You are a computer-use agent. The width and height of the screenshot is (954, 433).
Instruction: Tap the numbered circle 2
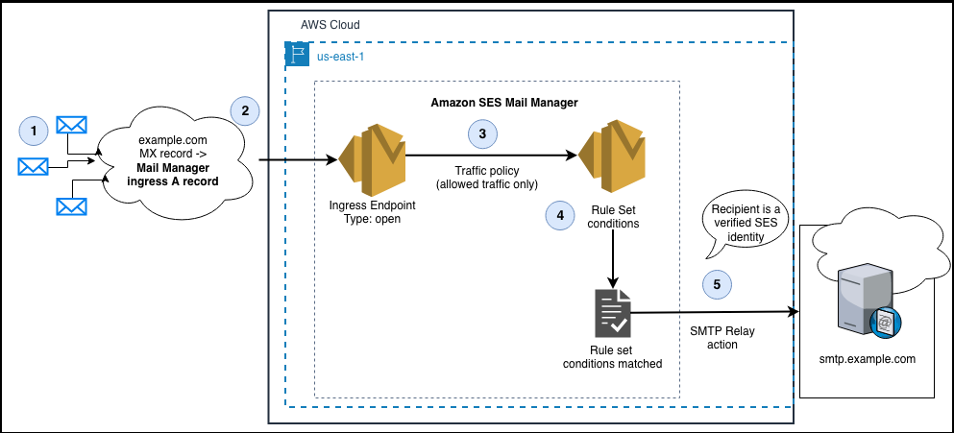(245, 110)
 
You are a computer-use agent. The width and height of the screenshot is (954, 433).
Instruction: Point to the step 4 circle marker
(560, 215)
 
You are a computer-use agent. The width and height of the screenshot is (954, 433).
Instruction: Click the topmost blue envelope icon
(71, 125)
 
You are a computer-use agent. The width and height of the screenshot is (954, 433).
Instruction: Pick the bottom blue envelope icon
(71, 205)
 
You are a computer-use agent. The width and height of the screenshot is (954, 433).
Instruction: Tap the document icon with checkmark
(612, 312)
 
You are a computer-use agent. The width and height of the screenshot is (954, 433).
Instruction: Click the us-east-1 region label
(340, 57)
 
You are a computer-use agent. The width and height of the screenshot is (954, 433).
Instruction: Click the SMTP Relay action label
(714, 337)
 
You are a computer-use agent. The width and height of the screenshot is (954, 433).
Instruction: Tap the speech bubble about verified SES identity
(745, 222)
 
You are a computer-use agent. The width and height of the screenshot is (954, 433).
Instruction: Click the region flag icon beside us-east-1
(296, 55)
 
